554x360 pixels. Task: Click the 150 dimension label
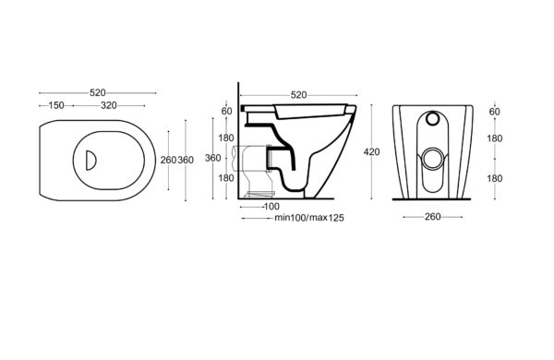tap(56, 105)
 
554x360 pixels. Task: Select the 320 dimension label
tap(109, 105)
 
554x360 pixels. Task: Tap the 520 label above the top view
tap(98, 92)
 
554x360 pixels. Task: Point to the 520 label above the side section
tap(298, 95)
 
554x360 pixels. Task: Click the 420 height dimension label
tap(372, 152)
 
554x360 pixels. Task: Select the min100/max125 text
tap(309, 218)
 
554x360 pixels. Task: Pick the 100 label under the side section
tap(271, 207)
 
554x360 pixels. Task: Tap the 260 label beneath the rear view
tap(432, 217)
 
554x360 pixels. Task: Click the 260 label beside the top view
tap(168, 160)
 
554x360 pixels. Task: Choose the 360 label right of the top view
tap(186, 160)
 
